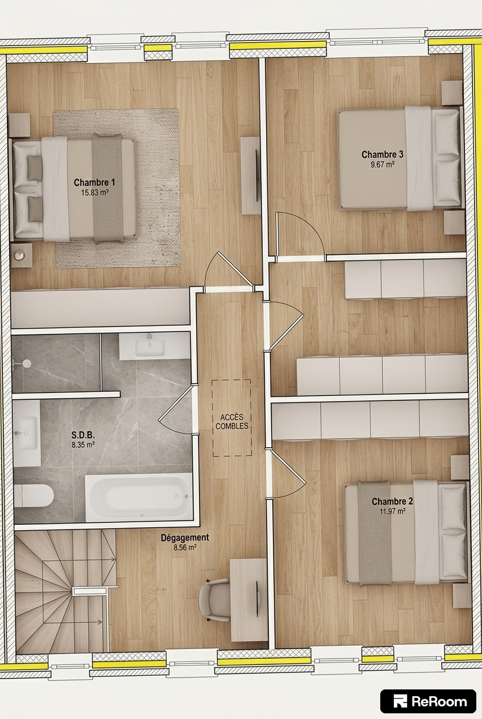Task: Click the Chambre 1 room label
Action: [x=94, y=183]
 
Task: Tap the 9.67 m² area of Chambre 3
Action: [x=383, y=164]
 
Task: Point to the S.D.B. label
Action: [x=83, y=435]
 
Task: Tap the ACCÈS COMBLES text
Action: [x=232, y=422]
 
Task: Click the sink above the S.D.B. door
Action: [x=149, y=348]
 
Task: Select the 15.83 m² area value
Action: [x=94, y=193]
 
